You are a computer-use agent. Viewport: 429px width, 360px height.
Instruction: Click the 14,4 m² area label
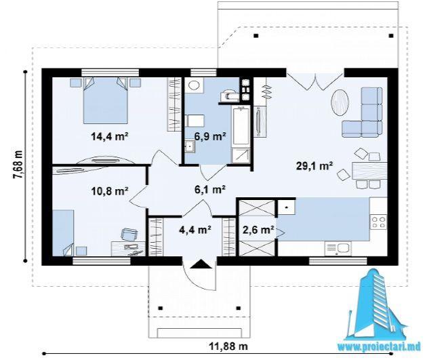coord(110,136)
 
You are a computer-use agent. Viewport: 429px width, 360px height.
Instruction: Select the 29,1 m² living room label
coord(314,165)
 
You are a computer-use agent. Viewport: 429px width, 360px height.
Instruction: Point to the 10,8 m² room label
coord(110,191)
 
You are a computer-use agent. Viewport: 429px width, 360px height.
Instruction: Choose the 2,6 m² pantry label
coord(258,229)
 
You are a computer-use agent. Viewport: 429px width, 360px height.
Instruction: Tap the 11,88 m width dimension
coord(228,346)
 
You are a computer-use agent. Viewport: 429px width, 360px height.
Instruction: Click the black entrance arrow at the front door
coord(201,264)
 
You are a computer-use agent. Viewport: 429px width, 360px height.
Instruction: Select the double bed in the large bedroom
coord(105,100)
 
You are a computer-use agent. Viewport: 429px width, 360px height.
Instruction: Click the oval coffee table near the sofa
coord(340,103)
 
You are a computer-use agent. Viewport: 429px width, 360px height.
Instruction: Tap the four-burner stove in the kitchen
coord(379,222)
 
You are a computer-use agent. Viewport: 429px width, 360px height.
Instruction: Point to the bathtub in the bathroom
coord(241,127)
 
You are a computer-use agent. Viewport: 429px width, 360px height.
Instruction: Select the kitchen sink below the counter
coord(338,249)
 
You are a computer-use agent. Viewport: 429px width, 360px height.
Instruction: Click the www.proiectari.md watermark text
coord(379,346)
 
